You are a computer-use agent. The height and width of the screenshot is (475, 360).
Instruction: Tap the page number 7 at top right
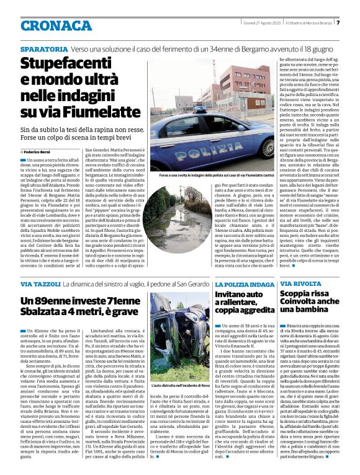tap(338, 23)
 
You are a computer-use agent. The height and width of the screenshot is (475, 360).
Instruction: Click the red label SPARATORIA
tap(43, 48)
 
